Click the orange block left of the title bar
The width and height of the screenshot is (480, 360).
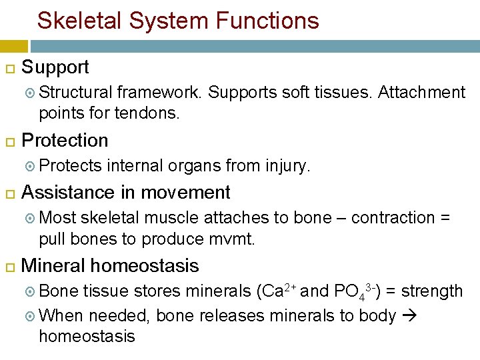(13, 46)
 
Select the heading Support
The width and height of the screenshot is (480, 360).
(55, 67)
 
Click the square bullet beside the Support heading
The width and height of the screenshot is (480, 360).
(10, 68)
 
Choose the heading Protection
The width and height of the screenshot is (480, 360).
(65, 141)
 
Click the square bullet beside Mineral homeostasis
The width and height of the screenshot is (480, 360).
(10, 267)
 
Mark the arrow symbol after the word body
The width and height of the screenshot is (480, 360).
(408, 316)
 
